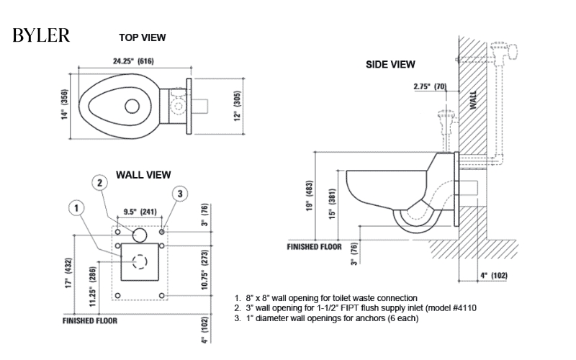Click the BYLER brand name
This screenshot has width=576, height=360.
coord(41,36)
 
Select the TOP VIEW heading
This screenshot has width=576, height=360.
coord(143,37)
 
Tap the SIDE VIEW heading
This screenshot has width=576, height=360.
coord(390,64)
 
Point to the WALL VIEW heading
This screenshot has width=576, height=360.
coord(143,174)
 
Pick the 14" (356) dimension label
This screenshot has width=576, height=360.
coord(64,107)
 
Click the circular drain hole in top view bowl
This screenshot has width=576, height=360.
coord(132,107)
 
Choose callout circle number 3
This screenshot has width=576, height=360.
coord(180,193)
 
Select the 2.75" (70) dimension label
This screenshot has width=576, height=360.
coord(430,87)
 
